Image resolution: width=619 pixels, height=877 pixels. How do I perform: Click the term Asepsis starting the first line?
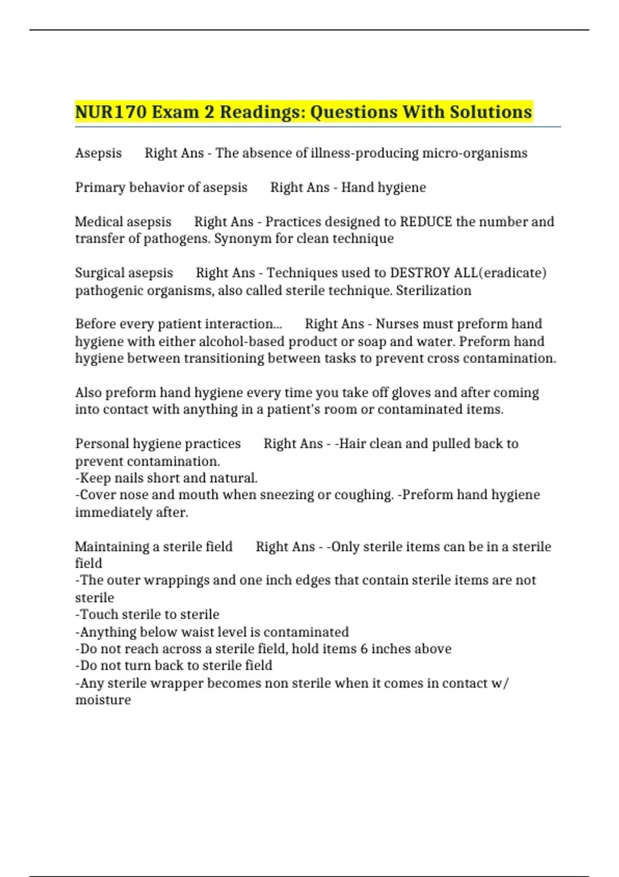[99, 153]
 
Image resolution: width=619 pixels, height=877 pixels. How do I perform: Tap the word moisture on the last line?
[103, 700]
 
